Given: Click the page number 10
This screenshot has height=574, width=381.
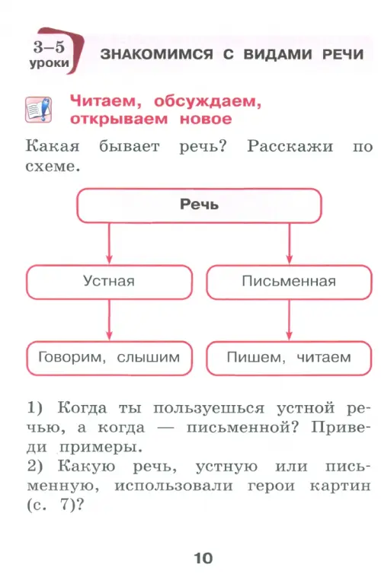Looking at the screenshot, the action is point(203,558).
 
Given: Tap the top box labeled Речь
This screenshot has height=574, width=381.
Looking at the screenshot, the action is point(199,206).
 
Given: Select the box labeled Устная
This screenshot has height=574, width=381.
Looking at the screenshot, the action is point(109,282).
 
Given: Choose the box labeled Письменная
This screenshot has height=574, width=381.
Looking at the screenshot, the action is point(289,282).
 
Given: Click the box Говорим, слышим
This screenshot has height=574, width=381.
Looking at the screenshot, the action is point(109,358).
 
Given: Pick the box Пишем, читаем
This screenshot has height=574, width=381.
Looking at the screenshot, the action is point(289,358).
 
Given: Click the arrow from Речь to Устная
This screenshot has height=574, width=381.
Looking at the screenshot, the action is point(109,243).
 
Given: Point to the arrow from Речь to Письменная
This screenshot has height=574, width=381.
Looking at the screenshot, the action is point(290,243).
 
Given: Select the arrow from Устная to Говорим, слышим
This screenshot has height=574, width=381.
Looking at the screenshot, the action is point(109,320).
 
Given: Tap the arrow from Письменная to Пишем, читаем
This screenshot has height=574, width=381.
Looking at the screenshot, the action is point(289,320).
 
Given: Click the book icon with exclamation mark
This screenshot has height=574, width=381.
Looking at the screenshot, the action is point(38,110).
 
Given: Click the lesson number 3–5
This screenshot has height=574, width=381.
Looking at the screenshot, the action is point(49,47).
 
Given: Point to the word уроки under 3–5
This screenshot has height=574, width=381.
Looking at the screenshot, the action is point(50,63).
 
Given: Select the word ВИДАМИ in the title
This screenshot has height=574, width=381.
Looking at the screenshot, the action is point(277,54).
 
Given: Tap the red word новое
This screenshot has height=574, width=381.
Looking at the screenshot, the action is point(206,120).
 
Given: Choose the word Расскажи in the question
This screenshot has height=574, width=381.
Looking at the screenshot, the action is point(290,146).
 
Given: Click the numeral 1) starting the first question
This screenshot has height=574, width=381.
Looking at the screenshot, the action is point(35,408).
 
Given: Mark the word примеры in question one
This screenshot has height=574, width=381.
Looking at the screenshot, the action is point(100,448).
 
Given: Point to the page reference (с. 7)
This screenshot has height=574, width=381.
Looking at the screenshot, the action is point(56,505).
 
